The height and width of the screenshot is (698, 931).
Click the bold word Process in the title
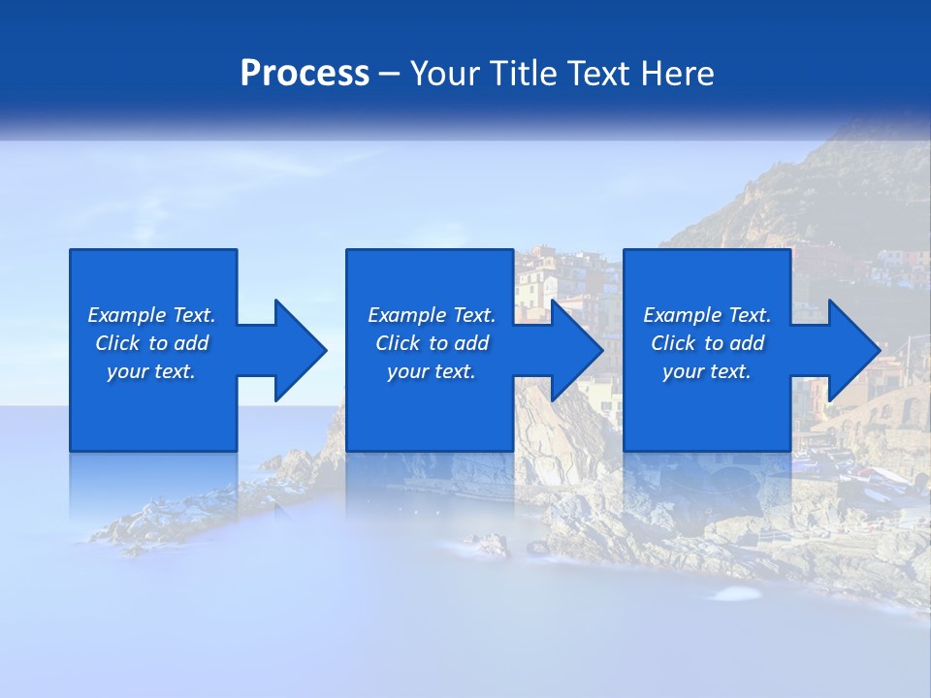click(305, 74)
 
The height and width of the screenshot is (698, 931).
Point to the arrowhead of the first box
click(302, 350)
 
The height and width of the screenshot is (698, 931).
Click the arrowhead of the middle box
click(578, 350)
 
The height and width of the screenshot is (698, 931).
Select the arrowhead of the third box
click(854, 350)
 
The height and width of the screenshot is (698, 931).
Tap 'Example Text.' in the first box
click(151, 315)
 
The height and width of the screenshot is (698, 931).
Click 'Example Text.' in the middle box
click(432, 315)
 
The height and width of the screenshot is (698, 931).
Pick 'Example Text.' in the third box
click(707, 315)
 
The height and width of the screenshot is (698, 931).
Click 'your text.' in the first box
click(151, 371)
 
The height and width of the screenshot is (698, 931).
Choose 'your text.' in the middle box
click(432, 371)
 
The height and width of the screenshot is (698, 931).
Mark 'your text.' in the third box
click(707, 371)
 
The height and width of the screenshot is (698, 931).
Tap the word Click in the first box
click(118, 343)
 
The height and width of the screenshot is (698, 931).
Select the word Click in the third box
click(674, 343)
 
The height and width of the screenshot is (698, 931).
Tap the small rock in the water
click(490, 545)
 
